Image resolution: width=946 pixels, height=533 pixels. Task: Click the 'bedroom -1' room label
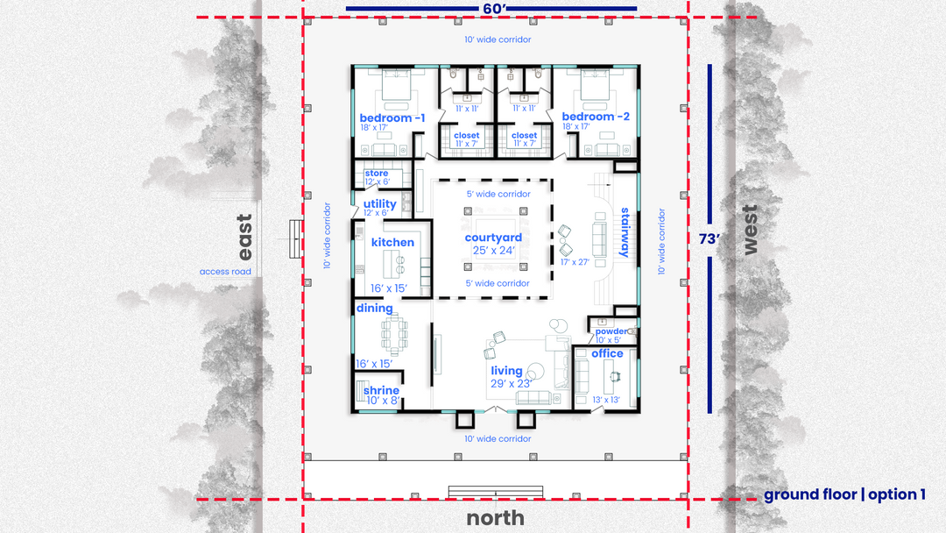pyautogui.click(x=392, y=117)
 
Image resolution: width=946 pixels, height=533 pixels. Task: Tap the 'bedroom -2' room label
pyautogui.click(x=596, y=117)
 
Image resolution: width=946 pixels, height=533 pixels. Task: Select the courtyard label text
pyautogui.click(x=493, y=238)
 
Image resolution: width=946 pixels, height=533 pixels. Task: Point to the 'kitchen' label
pyautogui.click(x=392, y=242)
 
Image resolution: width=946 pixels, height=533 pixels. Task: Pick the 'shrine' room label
pyautogui.click(x=381, y=390)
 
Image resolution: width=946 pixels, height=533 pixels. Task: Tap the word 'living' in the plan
pyautogui.click(x=506, y=371)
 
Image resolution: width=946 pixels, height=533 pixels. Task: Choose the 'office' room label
pyautogui.click(x=607, y=353)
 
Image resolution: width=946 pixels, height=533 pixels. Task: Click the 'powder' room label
pyautogui.click(x=611, y=331)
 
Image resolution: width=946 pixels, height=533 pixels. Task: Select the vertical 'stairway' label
pyautogui.click(x=625, y=232)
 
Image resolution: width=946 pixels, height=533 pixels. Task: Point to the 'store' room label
pyautogui.click(x=377, y=174)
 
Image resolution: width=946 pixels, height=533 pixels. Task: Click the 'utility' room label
pyautogui.click(x=379, y=204)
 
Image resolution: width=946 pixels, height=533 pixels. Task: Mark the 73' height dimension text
pyautogui.click(x=709, y=239)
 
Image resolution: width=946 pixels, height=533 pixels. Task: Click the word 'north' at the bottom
pyautogui.click(x=495, y=517)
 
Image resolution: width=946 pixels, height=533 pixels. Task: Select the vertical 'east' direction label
pyautogui.click(x=244, y=237)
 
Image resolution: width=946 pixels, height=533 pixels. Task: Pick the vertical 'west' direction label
pyautogui.click(x=749, y=230)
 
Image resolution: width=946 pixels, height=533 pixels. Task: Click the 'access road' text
pyautogui.click(x=225, y=272)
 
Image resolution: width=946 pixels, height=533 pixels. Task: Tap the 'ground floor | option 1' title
pyautogui.click(x=844, y=495)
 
